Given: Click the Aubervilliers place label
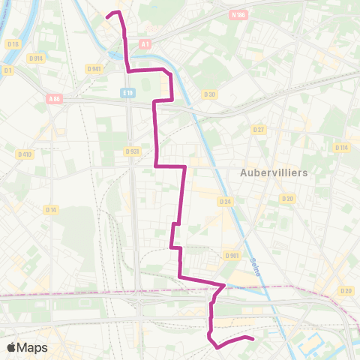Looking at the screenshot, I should tap(274, 172).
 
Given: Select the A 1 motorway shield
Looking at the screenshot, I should tap(145, 44).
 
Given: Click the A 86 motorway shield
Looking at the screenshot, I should tap(54, 98).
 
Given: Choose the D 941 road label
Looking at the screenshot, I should tap(94, 68).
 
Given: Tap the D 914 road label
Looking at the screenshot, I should tap(35, 58).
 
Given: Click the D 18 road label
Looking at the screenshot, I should tap(13, 43).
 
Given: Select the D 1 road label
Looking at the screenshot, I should tap(8, 70).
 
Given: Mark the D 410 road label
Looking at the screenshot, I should tap(25, 154).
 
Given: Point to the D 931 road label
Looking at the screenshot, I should tap(133, 151).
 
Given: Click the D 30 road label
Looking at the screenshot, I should tap(209, 94).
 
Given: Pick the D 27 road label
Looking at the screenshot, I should tap(259, 130).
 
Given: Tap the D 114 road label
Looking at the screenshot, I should tap(341, 147).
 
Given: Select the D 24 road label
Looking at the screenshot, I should tap(224, 201).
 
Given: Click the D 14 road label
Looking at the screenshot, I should tap(50, 209).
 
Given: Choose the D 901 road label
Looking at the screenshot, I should tap(231, 255).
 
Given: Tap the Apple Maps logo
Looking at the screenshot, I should tap(27, 347).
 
